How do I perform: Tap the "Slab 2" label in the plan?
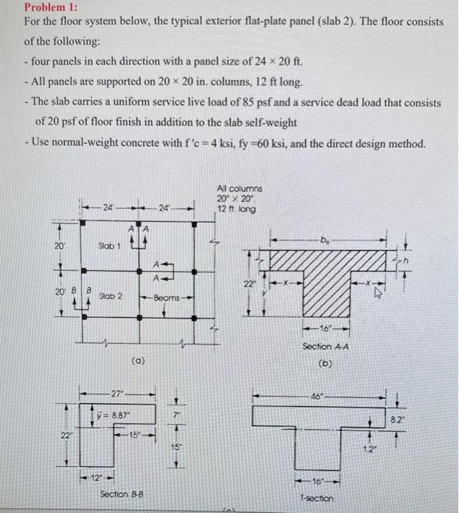[x=110, y=296]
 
